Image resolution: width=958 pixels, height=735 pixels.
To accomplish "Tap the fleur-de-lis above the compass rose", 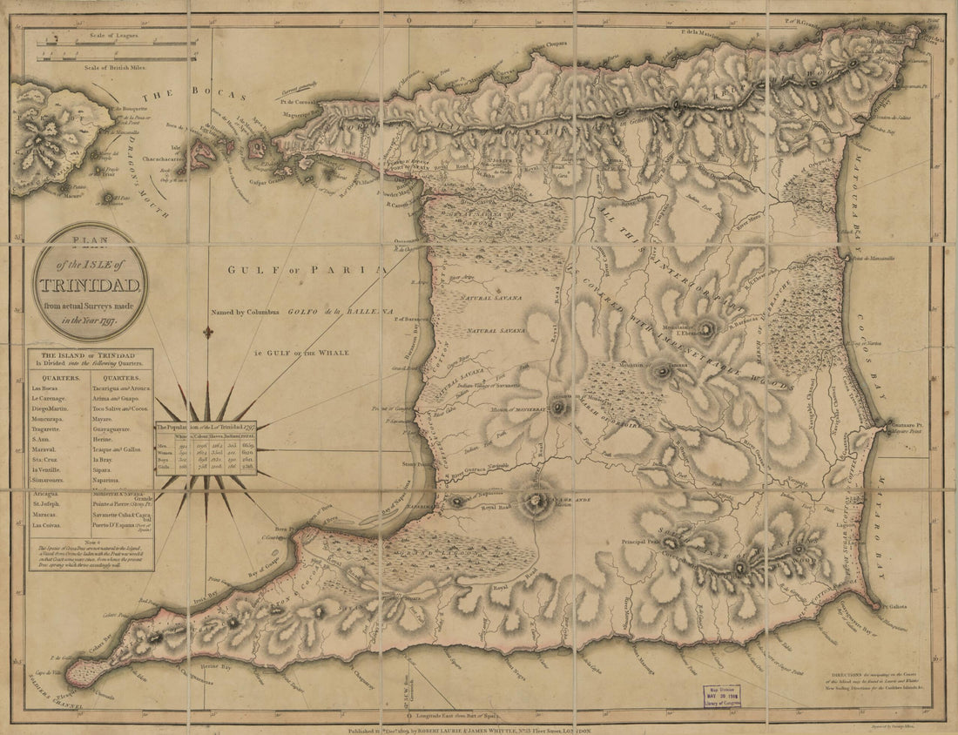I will tap(207, 333).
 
